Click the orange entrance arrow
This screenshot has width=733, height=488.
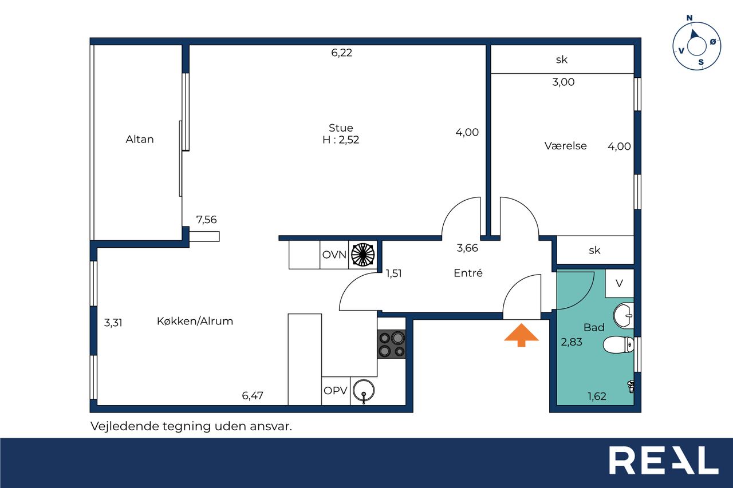(521, 335)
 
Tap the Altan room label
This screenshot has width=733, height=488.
(140, 139)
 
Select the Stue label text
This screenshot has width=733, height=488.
(341, 128)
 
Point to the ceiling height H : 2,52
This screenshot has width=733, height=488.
(341, 140)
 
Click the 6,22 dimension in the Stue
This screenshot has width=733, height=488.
(342, 53)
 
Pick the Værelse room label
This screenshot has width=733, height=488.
(565, 146)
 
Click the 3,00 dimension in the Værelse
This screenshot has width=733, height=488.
(563, 82)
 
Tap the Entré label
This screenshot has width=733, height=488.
(468, 273)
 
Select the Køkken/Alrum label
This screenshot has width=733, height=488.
(195, 322)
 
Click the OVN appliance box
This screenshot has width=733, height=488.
(334, 255)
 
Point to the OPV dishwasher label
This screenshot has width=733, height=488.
(336, 391)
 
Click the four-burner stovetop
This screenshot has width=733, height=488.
(392, 344)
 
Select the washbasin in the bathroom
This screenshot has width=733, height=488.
(624, 316)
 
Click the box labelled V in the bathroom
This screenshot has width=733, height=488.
(620, 283)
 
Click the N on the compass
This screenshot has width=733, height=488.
(689, 18)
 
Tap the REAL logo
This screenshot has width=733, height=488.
(663, 460)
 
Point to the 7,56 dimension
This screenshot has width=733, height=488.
(206, 220)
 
